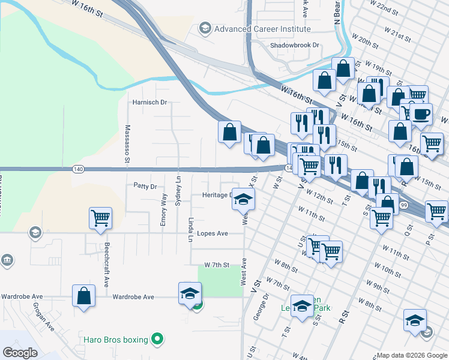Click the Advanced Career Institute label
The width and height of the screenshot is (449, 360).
pyautogui.click(x=262, y=29)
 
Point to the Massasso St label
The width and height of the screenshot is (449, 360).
pyautogui.click(x=127, y=144)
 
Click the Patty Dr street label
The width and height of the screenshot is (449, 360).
pyautogui.click(x=145, y=187)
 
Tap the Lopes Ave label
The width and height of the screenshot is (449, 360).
pyautogui.click(x=212, y=233)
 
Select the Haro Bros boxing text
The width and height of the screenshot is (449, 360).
pyautogui.click(x=115, y=340)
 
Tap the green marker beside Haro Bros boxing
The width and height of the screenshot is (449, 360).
pyautogui.click(x=157, y=340)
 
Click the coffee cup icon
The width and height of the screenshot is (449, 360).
pyautogui.click(x=422, y=113)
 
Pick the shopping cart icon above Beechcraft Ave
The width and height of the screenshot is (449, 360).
pyautogui.click(x=100, y=218)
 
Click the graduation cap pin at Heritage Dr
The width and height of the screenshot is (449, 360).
pyautogui.click(x=243, y=200)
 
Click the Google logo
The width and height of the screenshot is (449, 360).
pyautogui.click(x=20, y=353)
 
